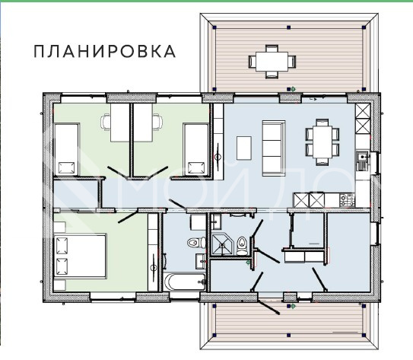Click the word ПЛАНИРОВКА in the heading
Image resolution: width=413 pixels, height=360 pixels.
pos(104,52)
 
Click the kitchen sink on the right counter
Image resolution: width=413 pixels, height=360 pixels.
pos(363,160)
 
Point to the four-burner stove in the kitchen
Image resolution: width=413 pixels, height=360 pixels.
pos(347,200)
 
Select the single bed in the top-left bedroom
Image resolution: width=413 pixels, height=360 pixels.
pos(67,150)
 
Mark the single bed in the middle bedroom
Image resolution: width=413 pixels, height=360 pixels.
pos(195,149)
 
